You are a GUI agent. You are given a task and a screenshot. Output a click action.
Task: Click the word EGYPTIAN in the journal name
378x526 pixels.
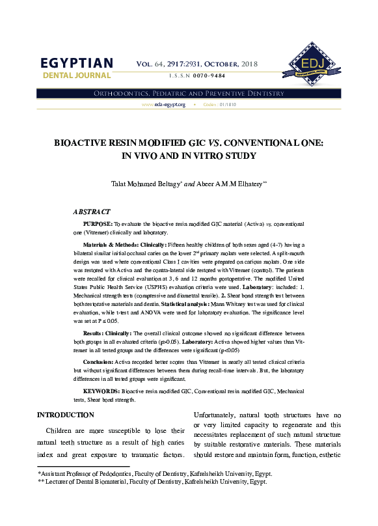point(77,63)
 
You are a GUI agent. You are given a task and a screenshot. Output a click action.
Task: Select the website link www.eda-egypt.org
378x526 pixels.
point(163,105)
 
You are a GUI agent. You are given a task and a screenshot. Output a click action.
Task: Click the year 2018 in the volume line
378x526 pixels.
point(249,64)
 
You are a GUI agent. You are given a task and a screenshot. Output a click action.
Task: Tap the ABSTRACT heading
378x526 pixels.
point(92,212)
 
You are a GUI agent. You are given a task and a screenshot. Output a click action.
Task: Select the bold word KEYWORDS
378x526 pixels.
point(101,391)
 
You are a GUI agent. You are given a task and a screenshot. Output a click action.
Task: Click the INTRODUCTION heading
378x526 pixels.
point(70,415)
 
